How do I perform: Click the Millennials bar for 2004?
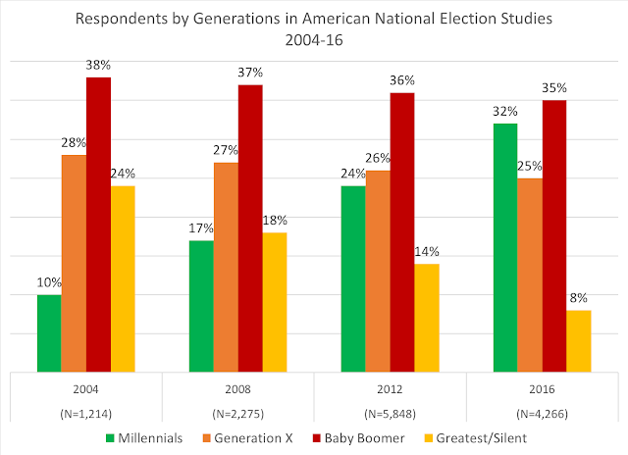click(49, 333)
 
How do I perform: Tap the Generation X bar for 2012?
click(378, 271)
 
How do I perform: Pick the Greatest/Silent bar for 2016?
click(579, 341)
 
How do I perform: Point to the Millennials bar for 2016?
click(505, 248)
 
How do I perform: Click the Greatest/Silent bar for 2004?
click(123, 278)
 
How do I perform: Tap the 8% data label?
click(579, 298)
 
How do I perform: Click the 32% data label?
click(505, 112)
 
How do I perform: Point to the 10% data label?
click(49, 283)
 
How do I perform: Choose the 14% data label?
click(427, 252)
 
